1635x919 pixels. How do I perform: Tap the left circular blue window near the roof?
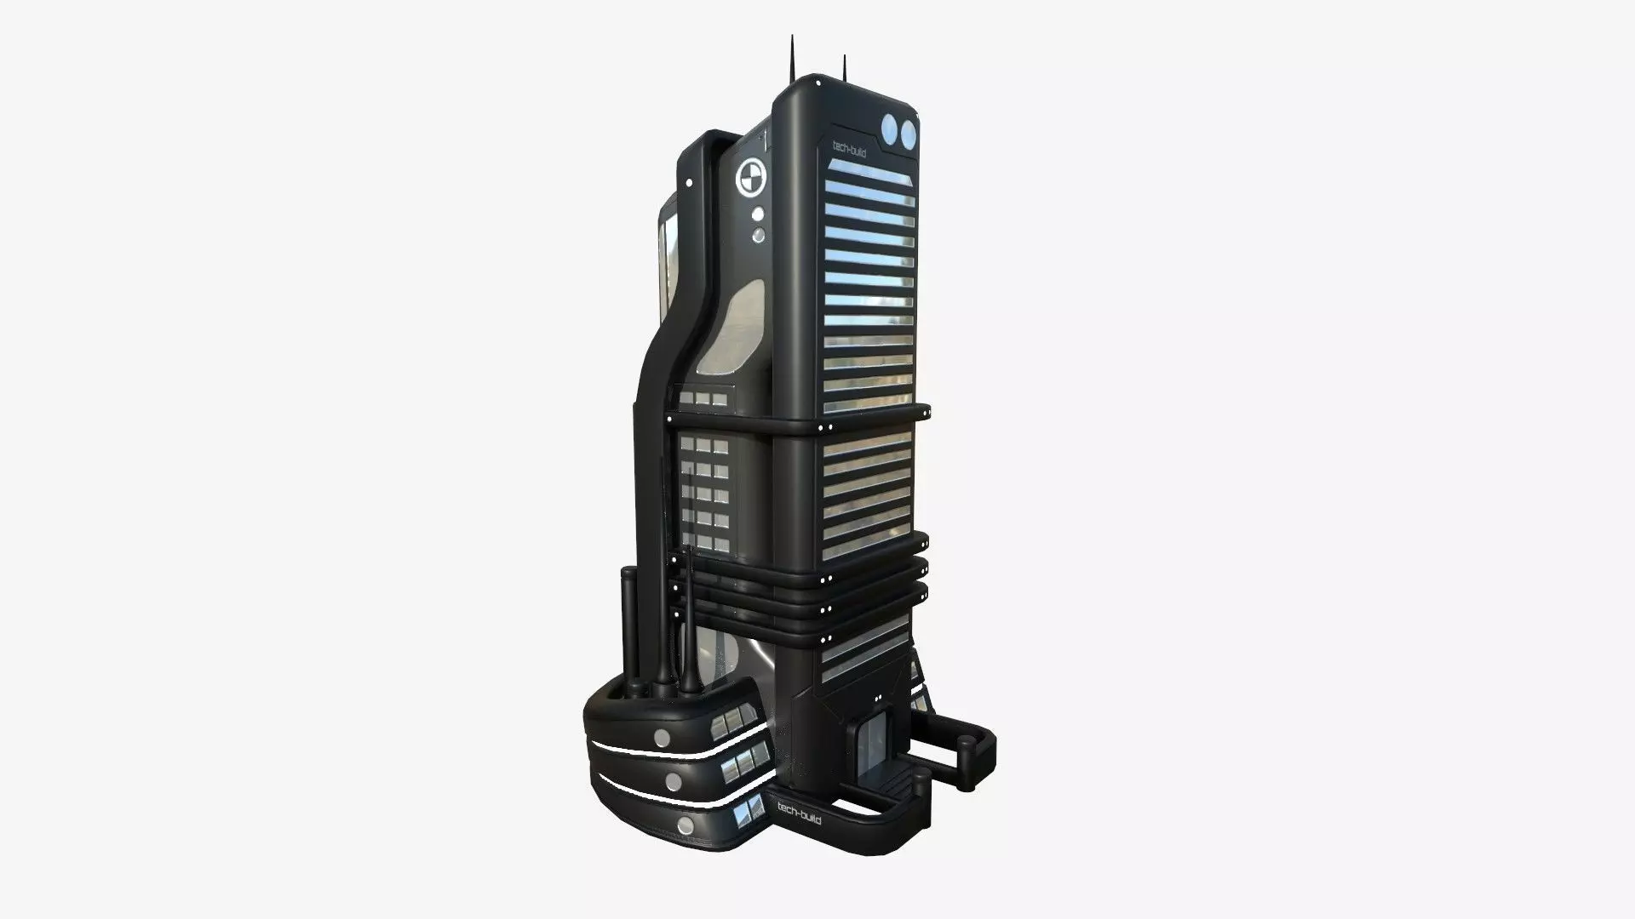[891, 131]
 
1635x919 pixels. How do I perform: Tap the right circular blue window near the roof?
[908, 132]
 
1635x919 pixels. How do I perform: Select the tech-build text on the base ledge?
[799, 811]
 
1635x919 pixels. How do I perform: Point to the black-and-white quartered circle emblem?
[750, 177]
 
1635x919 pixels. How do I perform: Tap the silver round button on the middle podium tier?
[673, 781]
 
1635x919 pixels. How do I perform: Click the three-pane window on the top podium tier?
[734, 723]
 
